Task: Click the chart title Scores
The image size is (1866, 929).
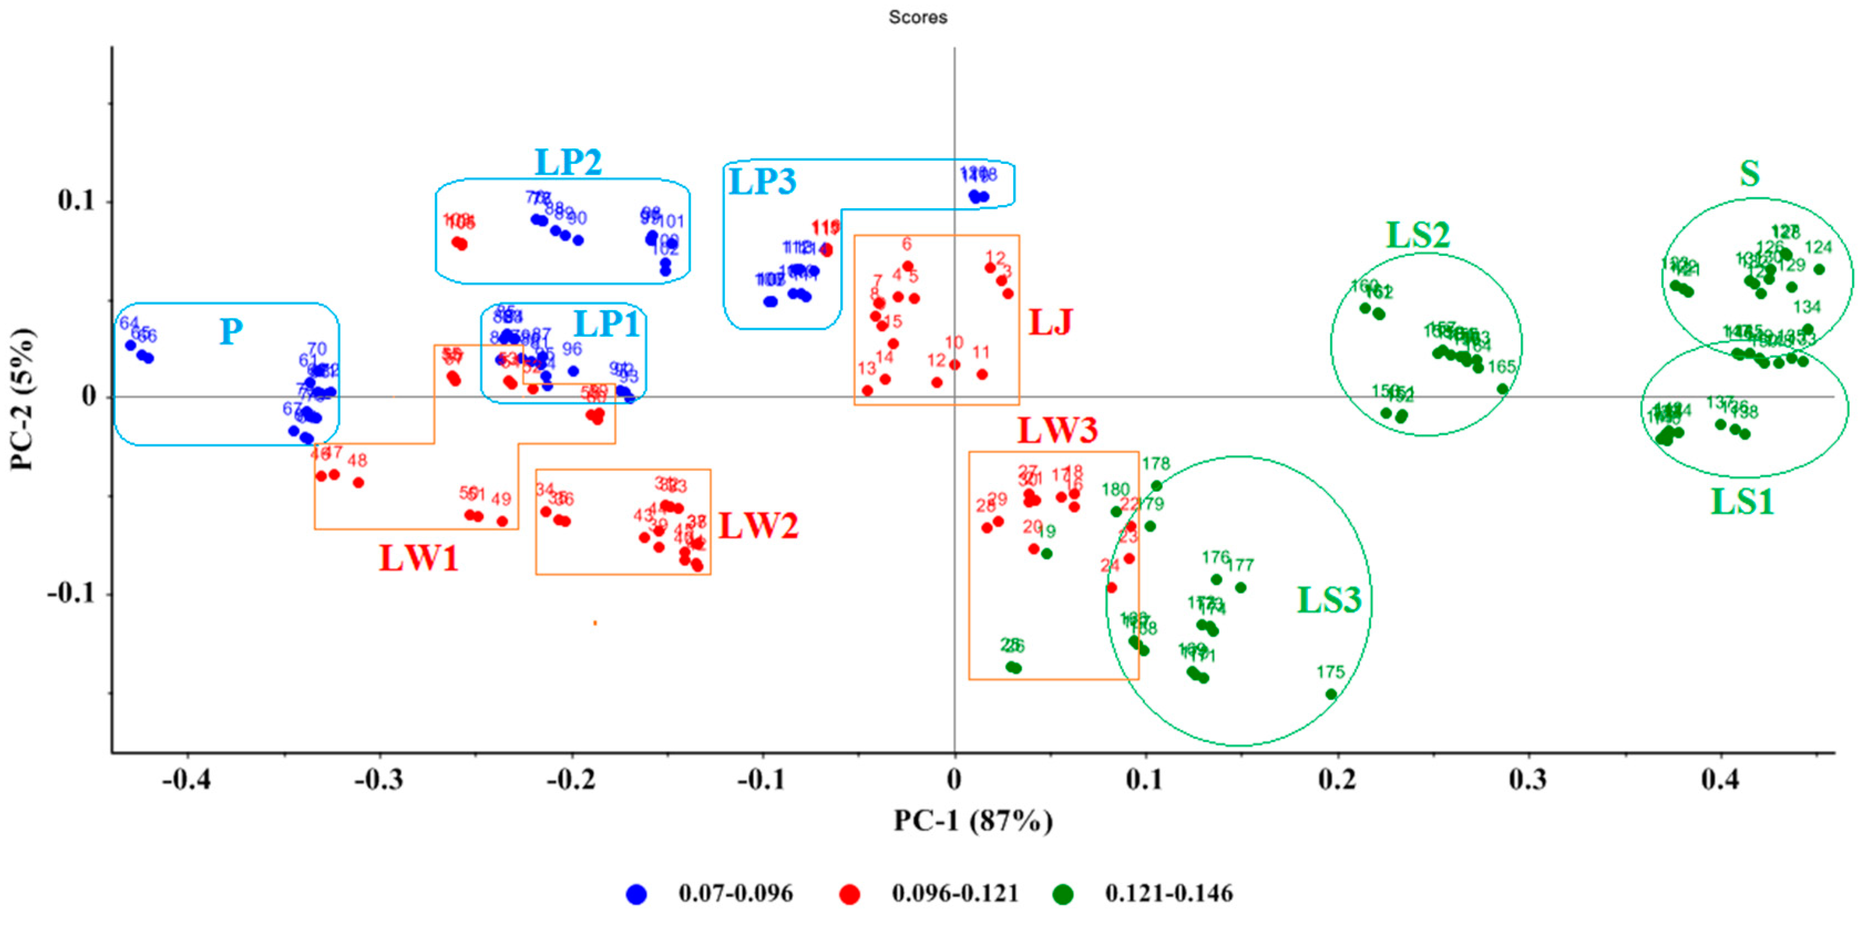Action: point(918,17)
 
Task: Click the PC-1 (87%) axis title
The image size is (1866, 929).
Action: point(973,820)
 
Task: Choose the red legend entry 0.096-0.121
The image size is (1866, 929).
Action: point(954,894)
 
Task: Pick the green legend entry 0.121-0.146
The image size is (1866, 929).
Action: point(1168,894)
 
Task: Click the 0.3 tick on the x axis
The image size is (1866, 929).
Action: point(1529,780)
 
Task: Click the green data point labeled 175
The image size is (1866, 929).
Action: point(1331,694)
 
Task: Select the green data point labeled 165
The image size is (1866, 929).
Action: point(1503,389)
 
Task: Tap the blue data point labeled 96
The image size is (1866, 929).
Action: point(573,371)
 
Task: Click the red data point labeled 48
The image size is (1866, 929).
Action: point(358,482)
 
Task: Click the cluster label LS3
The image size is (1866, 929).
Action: point(1329,600)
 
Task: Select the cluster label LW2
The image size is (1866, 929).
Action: point(758,526)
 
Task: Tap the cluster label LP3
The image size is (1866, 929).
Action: point(762,181)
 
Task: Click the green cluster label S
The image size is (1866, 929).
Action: point(1750,174)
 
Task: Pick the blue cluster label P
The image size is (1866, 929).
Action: point(231,332)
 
